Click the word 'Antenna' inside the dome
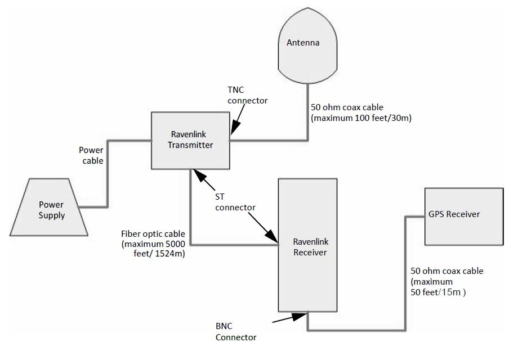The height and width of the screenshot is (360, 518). pyautogui.click(x=303, y=43)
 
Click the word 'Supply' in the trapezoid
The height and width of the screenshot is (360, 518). pyautogui.click(x=52, y=215)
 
